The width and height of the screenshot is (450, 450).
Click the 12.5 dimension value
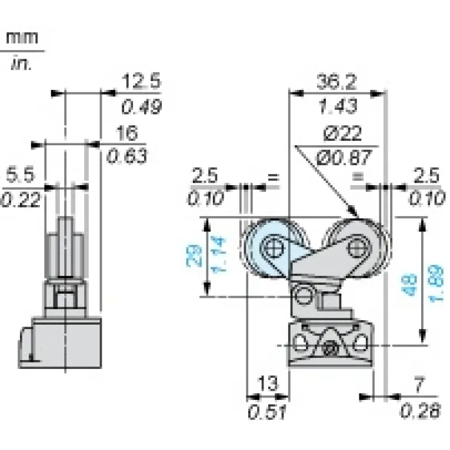click(141, 80)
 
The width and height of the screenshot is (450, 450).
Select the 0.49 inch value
click(141, 107)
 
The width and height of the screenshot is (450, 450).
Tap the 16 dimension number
click(127, 133)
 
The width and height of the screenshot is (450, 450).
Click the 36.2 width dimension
click(337, 82)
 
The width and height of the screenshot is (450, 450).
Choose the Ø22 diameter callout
click(343, 134)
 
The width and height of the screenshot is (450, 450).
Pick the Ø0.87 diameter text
click(344, 157)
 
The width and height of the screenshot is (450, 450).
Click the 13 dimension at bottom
click(268, 383)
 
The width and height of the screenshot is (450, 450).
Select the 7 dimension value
click(419, 384)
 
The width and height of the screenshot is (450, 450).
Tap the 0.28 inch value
click(420, 410)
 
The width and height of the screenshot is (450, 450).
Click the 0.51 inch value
click(267, 412)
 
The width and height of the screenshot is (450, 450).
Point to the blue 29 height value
click(194, 256)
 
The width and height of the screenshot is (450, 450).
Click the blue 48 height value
click(409, 285)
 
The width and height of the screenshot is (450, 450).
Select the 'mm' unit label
click(22, 37)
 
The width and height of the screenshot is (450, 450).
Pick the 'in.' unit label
click(21, 64)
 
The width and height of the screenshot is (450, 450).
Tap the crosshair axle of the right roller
click(358, 248)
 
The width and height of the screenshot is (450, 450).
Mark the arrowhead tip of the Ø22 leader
click(357, 215)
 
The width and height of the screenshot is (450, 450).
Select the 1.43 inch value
click(338, 105)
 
